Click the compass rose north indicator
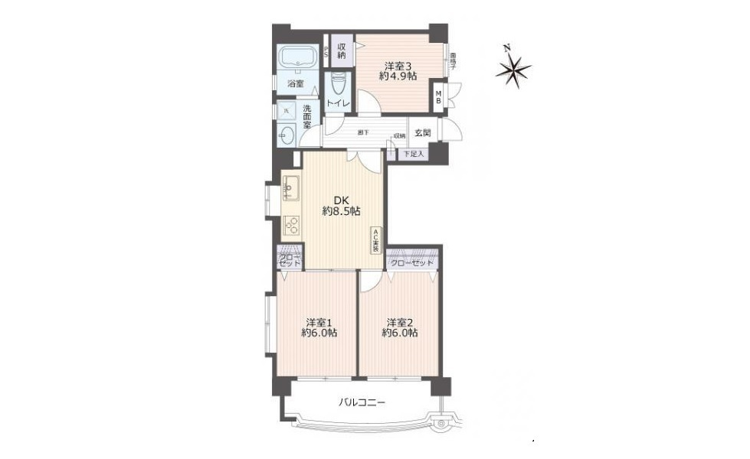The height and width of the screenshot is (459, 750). tap(512, 70)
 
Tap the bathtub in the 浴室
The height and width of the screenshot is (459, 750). tap(297, 58)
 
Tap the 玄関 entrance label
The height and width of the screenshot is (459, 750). tap(423, 132)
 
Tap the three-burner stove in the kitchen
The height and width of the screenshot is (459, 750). tap(291, 225)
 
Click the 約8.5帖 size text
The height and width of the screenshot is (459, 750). tap(341, 211)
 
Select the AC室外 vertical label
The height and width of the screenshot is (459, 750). tap(376, 240)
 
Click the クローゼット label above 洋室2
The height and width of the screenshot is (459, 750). tap(412, 263)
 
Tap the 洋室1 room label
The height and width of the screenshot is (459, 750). tap(318, 322)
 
